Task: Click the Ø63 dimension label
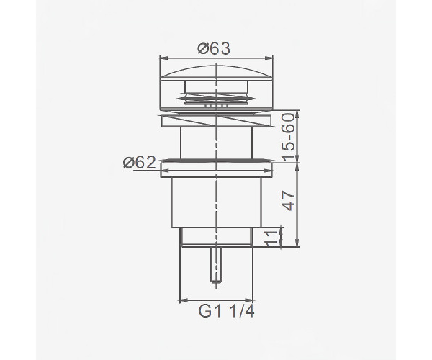click(x=213, y=48)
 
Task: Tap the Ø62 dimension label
click(x=139, y=162)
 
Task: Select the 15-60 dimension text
click(x=288, y=137)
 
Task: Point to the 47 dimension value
click(x=288, y=201)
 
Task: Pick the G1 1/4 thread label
click(x=226, y=312)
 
